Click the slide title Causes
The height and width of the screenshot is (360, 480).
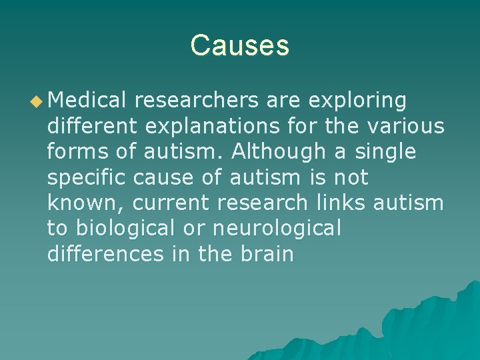coord(239,45)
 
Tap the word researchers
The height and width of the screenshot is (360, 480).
coord(196,100)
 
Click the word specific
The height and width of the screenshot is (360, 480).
coord(87,178)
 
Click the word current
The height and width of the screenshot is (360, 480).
coord(157,203)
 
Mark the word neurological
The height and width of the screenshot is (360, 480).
coord(277,229)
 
